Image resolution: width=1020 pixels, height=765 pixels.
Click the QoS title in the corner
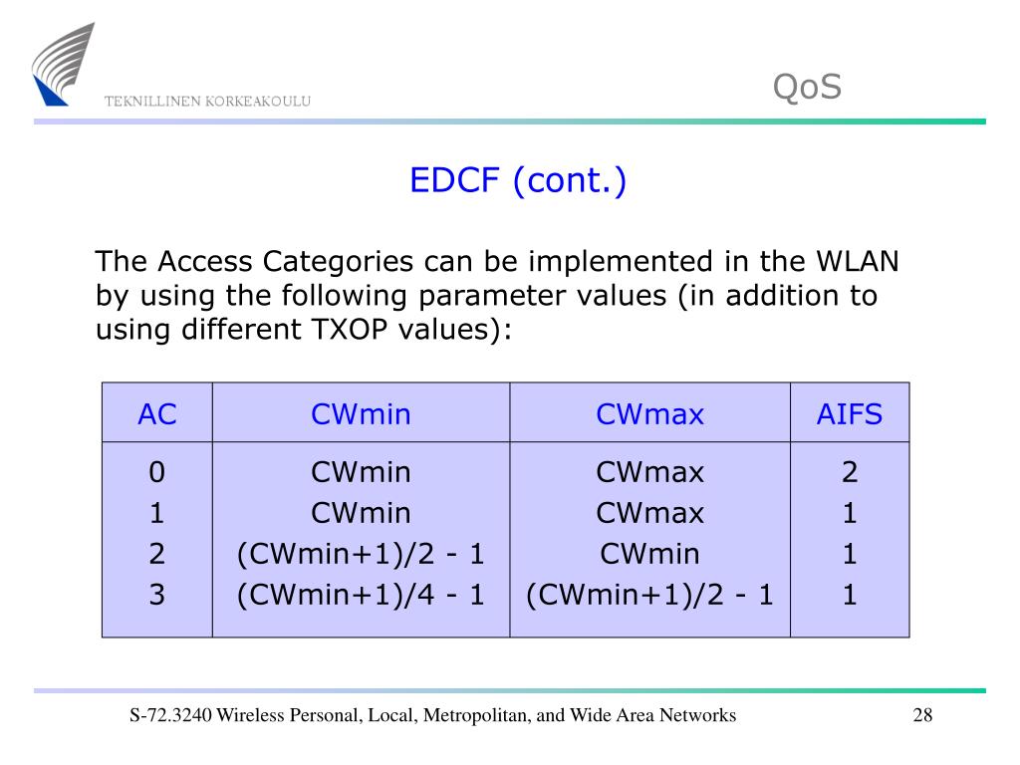(x=807, y=88)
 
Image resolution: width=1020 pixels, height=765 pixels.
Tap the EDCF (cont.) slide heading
(x=518, y=181)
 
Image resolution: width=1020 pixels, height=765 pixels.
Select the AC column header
(x=156, y=414)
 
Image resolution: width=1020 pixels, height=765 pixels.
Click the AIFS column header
(x=850, y=414)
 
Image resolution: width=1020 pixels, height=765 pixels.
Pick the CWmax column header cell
(x=649, y=414)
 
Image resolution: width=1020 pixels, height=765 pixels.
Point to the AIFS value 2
(x=850, y=472)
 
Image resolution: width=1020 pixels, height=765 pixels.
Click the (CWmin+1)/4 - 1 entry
(x=361, y=595)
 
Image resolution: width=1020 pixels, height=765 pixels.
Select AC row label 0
(x=156, y=472)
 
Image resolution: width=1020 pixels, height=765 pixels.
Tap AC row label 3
(x=156, y=595)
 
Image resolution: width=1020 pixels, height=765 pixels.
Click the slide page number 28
(x=921, y=715)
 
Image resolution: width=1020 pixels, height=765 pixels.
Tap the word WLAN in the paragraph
(x=858, y=262)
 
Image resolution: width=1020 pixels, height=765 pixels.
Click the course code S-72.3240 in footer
(x=171, y=715)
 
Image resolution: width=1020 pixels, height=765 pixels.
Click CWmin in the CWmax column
(x=649, y=554)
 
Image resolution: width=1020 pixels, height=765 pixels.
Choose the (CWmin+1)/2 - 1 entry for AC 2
(x=361, y=554)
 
